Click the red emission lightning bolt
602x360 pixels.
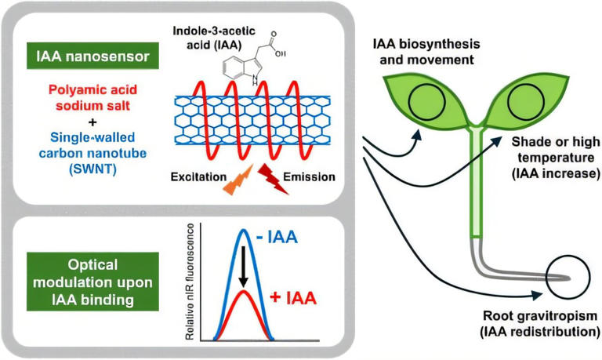pos(267,180)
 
